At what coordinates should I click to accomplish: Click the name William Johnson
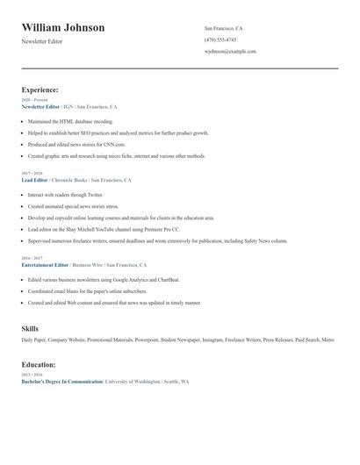tap(63, 27)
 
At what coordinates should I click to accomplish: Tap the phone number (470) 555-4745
tap(220, 39)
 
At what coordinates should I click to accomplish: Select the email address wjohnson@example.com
tap(230, 51)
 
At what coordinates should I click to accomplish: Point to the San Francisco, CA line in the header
tap(223, 28)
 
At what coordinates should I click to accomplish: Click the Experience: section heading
tap(40, 89)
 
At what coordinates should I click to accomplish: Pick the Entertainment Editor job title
tap(45, 264)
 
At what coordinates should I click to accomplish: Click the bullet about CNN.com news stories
tap(76, 144)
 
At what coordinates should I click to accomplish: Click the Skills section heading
tap(30, 328)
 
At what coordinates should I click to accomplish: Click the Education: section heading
tap(39, 364)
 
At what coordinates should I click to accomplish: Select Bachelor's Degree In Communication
tap(61, 382)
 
